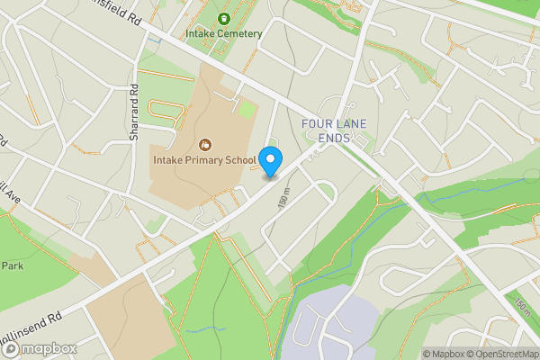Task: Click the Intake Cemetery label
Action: [223, 34]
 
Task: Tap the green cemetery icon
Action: [223, 18]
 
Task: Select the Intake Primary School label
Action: [203, 160]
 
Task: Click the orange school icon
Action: [204, 144]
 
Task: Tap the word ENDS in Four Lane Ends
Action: [335, 139]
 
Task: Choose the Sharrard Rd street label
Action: [133, 112]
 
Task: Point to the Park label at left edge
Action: [11, 266]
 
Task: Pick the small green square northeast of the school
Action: [247, 109]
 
